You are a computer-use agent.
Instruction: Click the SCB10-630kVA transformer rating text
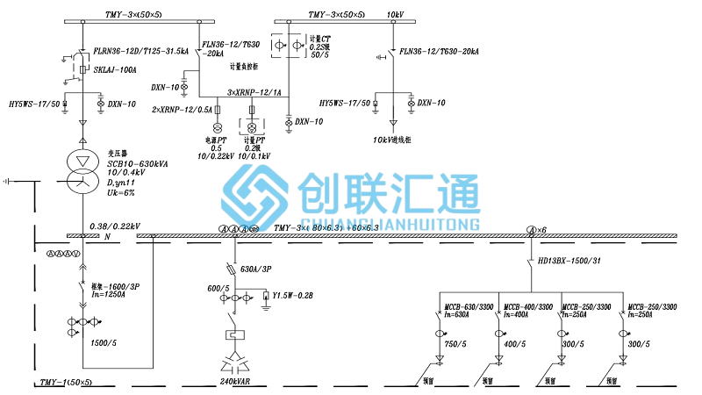point(139,163)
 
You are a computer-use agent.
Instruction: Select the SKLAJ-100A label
point(114,69)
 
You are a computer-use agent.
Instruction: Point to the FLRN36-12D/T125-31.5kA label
point(141,52)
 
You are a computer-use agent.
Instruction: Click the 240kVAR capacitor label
point(237,383)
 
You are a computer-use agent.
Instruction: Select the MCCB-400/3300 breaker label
point(528,306)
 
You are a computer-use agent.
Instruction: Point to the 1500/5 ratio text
point(104,342)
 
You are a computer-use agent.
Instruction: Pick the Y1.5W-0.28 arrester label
point(293,296)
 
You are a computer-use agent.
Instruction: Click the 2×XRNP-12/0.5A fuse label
point(182,110)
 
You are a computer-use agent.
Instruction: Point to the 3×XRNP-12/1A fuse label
point(254,92)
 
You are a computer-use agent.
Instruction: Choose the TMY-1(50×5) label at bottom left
point(67,384)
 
